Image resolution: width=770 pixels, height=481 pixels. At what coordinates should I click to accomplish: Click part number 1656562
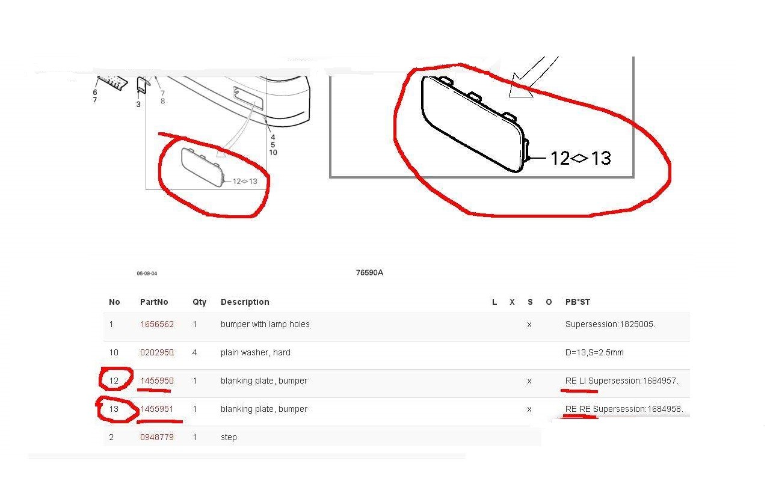(157, 324)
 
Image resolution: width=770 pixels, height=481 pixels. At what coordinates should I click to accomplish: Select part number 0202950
(157, 352)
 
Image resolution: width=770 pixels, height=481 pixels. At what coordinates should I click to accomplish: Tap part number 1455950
(157, 381)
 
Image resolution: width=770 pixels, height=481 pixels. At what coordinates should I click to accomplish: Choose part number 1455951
(157, 409)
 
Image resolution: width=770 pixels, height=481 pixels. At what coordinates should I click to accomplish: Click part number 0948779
(157, 437)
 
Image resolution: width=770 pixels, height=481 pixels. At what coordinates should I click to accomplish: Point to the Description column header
(245, 302)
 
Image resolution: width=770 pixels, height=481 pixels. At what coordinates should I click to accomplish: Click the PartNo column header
(154, 302)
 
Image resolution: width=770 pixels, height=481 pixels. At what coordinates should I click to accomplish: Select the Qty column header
(199, 302)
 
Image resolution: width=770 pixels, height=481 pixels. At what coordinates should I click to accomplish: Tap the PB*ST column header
(577, 302)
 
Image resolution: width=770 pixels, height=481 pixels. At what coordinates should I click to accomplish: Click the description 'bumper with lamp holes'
(265, 324)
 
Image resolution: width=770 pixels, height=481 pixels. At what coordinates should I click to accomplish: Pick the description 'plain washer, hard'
(256, 352)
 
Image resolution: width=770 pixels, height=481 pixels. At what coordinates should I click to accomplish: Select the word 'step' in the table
(229, 437)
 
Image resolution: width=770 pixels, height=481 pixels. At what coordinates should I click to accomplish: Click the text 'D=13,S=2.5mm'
(594, 352)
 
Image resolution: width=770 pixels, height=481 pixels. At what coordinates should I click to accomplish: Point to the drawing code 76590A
(369, 272)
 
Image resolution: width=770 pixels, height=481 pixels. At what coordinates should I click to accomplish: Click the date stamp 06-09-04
(147, 274)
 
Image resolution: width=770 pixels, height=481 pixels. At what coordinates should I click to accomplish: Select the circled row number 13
(114, 409)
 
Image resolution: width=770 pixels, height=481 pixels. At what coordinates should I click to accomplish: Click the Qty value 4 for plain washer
(194, 352)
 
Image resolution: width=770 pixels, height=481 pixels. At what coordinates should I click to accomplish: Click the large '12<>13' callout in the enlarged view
(581, 158)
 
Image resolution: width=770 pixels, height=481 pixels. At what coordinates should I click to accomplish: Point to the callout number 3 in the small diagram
(138, 104)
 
